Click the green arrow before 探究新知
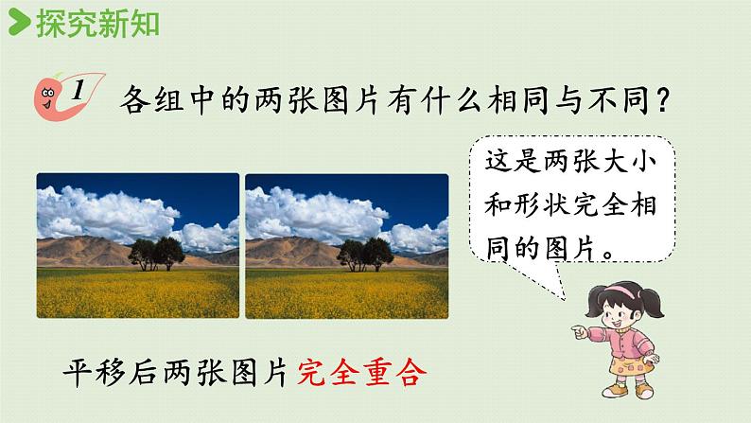click(19, 22)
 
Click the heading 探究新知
click(97, 24)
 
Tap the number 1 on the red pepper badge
click(79, 90)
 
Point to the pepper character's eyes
click(47, 93)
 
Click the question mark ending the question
click(663, 100)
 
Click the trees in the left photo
click(156, 254)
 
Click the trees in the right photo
click(365, 255)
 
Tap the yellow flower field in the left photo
click(138, 293)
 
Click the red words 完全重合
click(361, 373)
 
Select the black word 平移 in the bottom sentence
click(95, 373)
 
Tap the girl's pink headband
click(621, 291)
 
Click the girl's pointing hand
click(580, 331)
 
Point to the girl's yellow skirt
click(630, 365)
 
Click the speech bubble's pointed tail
click(558, 283)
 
